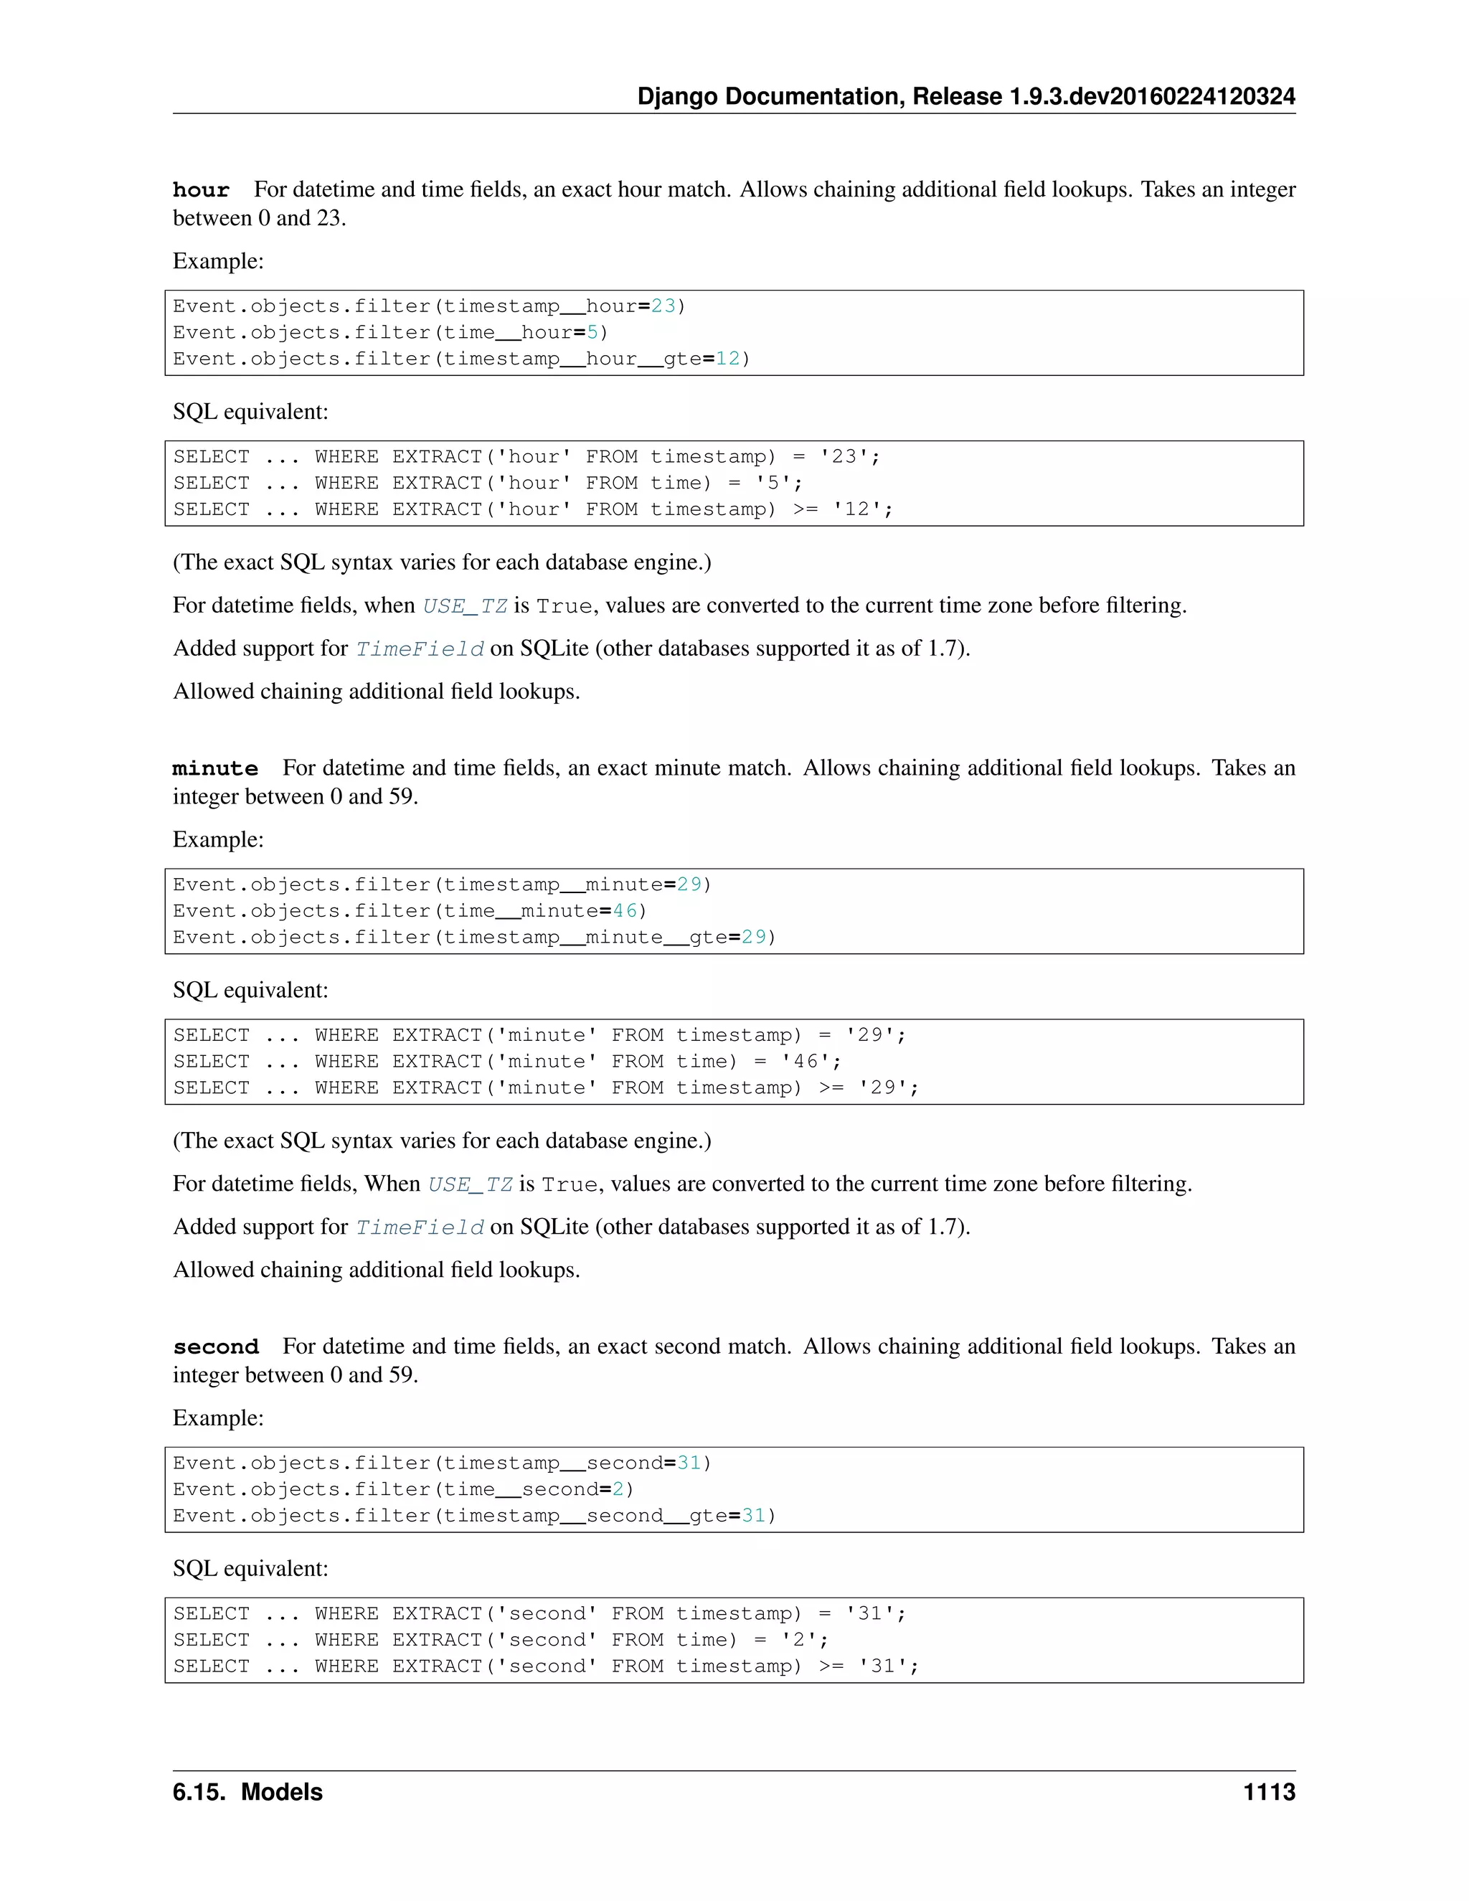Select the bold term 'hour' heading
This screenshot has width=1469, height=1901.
pos(201,190)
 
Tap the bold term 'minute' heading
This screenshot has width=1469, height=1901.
pos(215,768)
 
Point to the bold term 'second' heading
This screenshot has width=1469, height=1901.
pos(216,1346)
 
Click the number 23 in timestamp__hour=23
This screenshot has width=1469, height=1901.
pos(663,306)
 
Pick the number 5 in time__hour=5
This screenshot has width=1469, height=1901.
pos(592,333)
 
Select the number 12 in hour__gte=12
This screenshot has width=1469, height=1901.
pos(727,359)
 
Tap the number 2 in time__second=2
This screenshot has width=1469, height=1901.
pos(618,1489)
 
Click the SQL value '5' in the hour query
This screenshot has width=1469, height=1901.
pos(773,483)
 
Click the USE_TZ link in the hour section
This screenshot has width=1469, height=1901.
pos(465,606)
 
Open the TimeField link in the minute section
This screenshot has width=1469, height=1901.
pos(420,1227)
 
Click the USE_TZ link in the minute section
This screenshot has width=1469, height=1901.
pos(470,1184)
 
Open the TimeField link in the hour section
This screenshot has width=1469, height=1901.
pos(420,649)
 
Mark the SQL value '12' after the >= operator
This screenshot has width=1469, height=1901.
pos(856,509)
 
